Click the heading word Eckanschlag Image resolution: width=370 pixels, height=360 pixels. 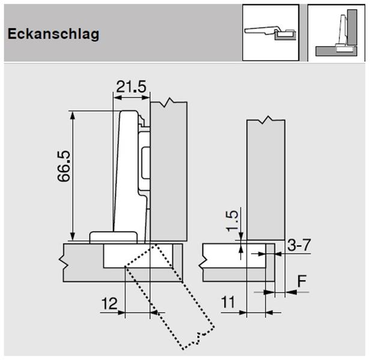[x=53, y=34]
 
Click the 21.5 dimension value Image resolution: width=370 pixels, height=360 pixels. [x=131, y=86]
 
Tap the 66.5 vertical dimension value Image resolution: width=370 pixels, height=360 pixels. [x=64, y=166]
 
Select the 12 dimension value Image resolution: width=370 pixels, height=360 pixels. [x=109, y=304]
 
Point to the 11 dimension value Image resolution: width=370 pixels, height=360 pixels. [x=228, y=302]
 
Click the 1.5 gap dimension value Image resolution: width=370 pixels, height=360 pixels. [x=232, y=221]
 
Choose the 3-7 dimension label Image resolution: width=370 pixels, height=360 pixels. [x=299, y=245]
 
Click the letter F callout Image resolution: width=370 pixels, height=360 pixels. [x=302, y=281]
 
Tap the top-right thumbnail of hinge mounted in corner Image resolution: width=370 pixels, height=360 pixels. [x=336, y=33]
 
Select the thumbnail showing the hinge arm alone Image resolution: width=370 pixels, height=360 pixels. [x=271, y=33]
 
